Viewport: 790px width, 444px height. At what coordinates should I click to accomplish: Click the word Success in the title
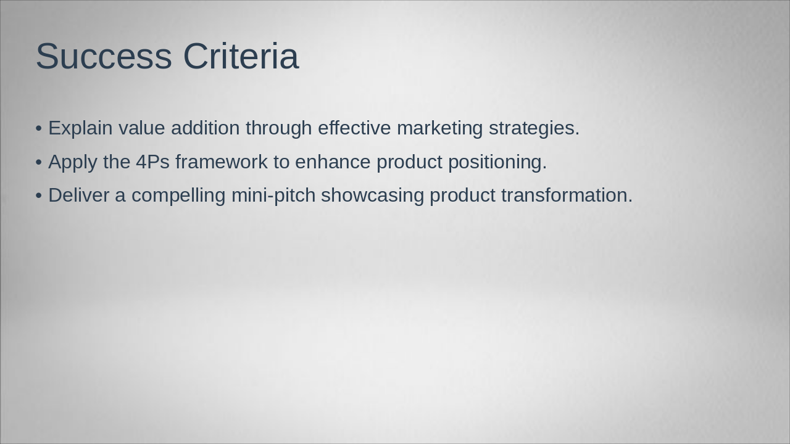(x=103, y=57)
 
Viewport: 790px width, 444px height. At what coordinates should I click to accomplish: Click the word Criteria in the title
(x=241, y=57)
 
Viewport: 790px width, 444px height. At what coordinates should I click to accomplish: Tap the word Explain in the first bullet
(x=80, y=128)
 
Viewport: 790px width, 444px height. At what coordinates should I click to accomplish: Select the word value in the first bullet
(x=142, y=128)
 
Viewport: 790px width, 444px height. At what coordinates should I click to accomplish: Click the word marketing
(x=439, y=128)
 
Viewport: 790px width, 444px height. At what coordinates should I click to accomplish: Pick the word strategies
(x=534, y=128)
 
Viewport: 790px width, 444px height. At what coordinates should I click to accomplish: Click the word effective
(x=354, y=128)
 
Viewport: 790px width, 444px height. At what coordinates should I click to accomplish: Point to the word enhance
(x=333, y=162)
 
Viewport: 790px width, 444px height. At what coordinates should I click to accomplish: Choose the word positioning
(x=497, y=162)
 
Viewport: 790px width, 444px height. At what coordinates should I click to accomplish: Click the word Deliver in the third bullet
(x=78, y=195)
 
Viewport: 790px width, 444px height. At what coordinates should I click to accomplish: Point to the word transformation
(x=567, y=195)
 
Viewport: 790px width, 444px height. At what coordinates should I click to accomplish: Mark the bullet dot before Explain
(x=39, y=129)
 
